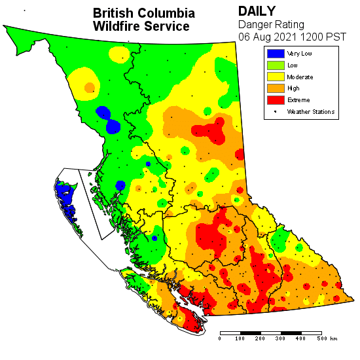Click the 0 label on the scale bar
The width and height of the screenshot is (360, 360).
[x=220, y=339]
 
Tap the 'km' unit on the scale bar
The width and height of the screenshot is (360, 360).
[x=334, y=339]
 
